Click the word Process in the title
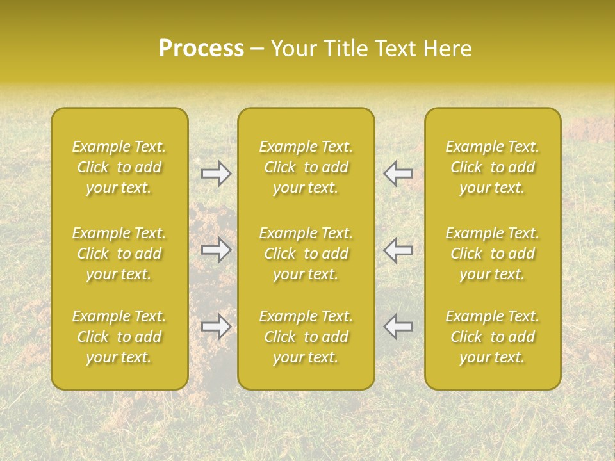tap(201, 49)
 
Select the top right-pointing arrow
tap(217, 174)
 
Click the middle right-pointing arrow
tap(217, 250)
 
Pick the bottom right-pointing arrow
tap(217, 327)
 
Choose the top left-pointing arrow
tap(398, 174)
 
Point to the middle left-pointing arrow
tap(398, 250)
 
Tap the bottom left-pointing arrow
tap(398, 327)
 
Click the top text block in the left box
tap(119, 167)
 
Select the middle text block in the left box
tap(119, 254)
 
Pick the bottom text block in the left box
tap(119, 337)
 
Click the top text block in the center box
tap(306, 167)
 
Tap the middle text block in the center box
tap(306, 254)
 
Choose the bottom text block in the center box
tap(306, 337)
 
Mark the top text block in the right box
tap(493, 167)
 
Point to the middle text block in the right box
tap(493, 254)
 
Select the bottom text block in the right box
tap(493, 337)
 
